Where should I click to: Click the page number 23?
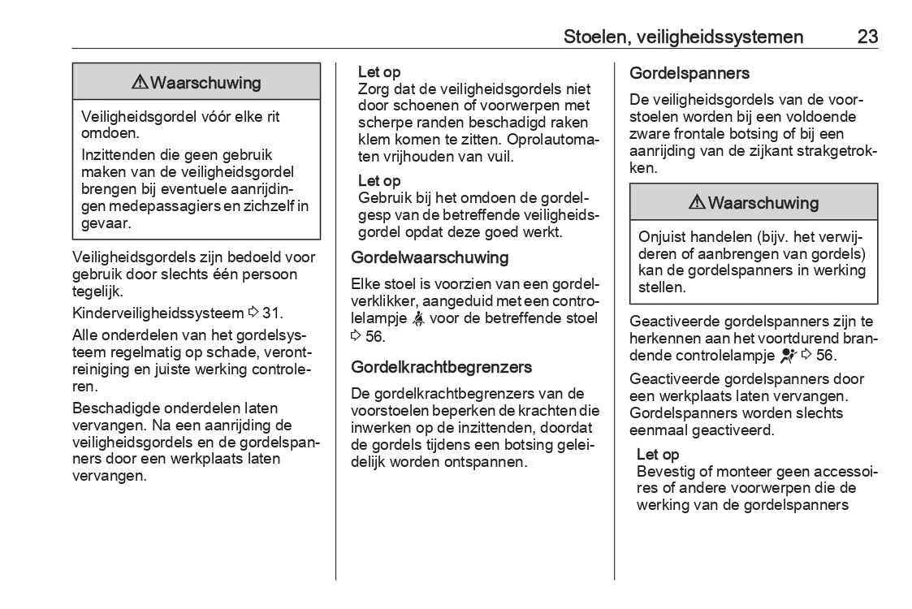pyautogui.click(x=867, y=37)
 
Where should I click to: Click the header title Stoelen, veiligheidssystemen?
pyautogui.click(x=684, y=37)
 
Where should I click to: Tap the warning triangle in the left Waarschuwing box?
pyautogui.click(x=139, y=82)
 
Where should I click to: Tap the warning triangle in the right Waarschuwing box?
pyautogui.click(x=697, y=202)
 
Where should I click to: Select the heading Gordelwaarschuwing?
pyautogui.click(x=430, y=257)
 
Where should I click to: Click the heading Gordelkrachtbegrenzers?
pyautogui.click(x=441, y=367)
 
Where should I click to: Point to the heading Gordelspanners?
pyautogui.click(x=689, y=73)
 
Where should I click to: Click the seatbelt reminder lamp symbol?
pyautogui.click(x=418, y=318)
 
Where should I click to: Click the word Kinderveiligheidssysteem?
pyautogui.click(x=158, y=313)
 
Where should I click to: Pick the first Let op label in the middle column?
pyautogui.click(x=379, y=72)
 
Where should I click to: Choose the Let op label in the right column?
pyautogui.click(x=658, y=454)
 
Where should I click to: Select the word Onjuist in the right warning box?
pyautogui.click(x=663, y=236)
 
